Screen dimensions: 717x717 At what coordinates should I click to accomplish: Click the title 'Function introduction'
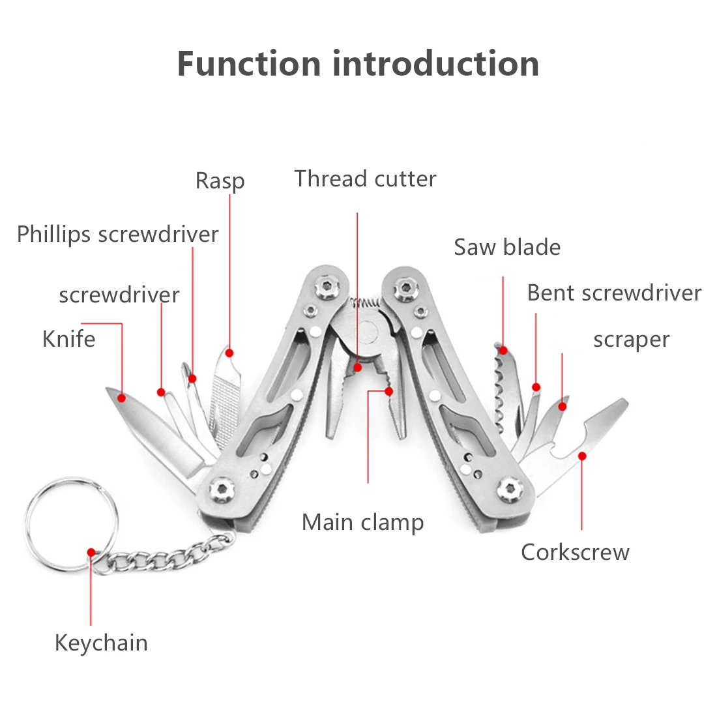[x=358, y=64]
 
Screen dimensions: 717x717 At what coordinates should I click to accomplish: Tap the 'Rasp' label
[x=220, y=181]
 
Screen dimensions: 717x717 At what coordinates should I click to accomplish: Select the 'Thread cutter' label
[x=365, y=179]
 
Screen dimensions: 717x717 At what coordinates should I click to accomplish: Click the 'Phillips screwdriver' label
[x=117, y=235]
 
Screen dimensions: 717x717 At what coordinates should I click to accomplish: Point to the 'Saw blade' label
[x=507, y=247]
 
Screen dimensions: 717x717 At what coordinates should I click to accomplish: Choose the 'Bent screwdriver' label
[x=614, y=293]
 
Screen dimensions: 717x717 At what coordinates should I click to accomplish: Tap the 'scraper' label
[x=631, y=340]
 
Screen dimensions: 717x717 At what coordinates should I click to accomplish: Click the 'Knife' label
[x=68, y=339]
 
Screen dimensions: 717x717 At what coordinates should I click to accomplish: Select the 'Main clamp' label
[x=362, y=522]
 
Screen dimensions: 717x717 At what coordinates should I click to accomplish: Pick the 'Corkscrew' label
[x=575, y=552]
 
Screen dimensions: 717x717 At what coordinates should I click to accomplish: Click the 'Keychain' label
[x=101, y=643]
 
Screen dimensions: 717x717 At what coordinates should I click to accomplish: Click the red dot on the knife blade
[x=121, y=397]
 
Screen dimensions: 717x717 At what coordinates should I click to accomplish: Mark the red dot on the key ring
[x=91, y=551]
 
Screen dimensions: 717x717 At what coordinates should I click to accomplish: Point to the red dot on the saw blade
[x=503, y=350]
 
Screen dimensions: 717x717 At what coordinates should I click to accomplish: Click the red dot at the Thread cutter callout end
[x=357, y=368]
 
